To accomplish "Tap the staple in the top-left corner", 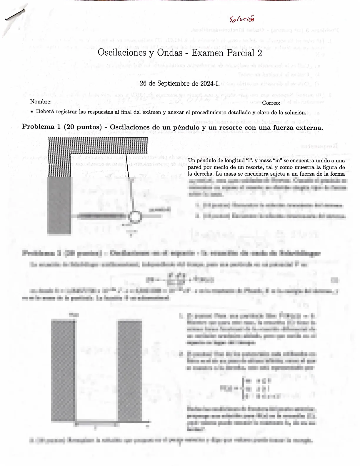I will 14,15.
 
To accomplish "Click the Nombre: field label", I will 41,102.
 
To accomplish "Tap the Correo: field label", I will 271,103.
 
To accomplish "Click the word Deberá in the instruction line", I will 45,112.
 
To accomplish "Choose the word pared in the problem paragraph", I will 194,167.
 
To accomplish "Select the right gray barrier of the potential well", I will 129,371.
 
